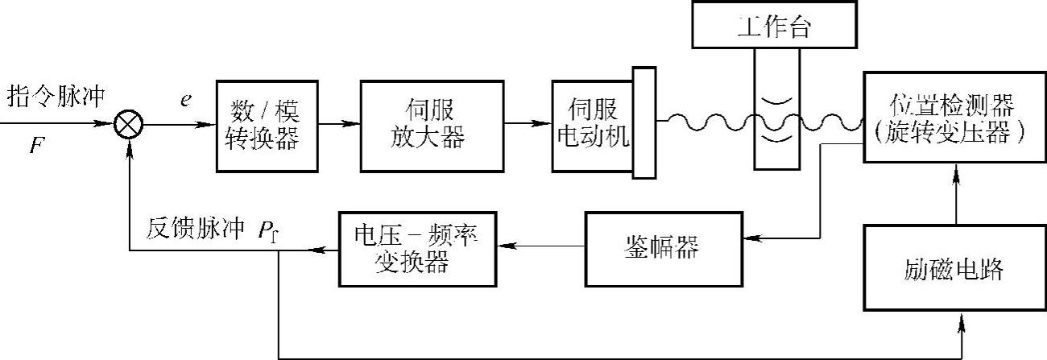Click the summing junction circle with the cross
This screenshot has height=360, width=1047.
(x=129, y=125)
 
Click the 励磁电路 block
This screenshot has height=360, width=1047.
(x=954, y=268)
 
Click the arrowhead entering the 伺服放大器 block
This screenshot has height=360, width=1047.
(x=354, y=125)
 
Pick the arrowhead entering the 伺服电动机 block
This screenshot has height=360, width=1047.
(x=545, y=125)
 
